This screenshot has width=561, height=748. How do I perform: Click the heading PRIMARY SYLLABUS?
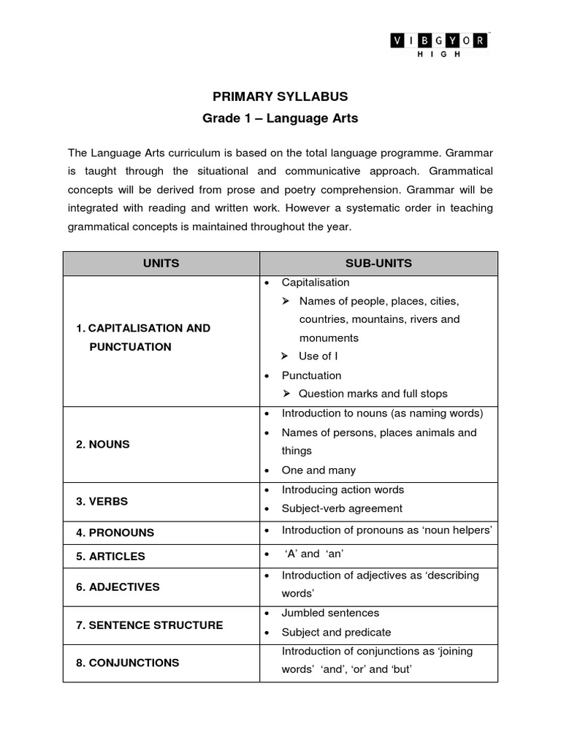280,96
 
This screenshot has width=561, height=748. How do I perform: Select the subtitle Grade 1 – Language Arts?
280,118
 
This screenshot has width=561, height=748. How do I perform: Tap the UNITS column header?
161,263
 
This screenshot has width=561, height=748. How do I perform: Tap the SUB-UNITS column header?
378,263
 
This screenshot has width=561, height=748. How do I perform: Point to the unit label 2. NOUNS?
103,444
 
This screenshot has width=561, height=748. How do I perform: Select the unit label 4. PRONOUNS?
115,533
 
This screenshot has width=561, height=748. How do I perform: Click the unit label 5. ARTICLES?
111,556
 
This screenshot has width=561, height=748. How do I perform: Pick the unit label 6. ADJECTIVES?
118,587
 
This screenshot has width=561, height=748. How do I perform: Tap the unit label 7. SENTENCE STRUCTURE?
150,625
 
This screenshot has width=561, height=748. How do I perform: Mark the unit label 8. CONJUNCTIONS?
128,663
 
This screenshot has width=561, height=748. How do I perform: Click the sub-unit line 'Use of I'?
318,356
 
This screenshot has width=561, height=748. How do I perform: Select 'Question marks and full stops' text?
373,394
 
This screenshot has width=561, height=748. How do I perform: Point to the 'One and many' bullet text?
318,470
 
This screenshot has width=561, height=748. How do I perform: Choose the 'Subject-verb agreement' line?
342,508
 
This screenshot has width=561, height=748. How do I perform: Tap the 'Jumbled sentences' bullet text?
330,613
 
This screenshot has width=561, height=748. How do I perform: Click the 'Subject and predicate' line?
336,632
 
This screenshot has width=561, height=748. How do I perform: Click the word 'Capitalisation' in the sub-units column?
316,282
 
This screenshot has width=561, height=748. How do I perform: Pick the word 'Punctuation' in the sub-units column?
311,375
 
